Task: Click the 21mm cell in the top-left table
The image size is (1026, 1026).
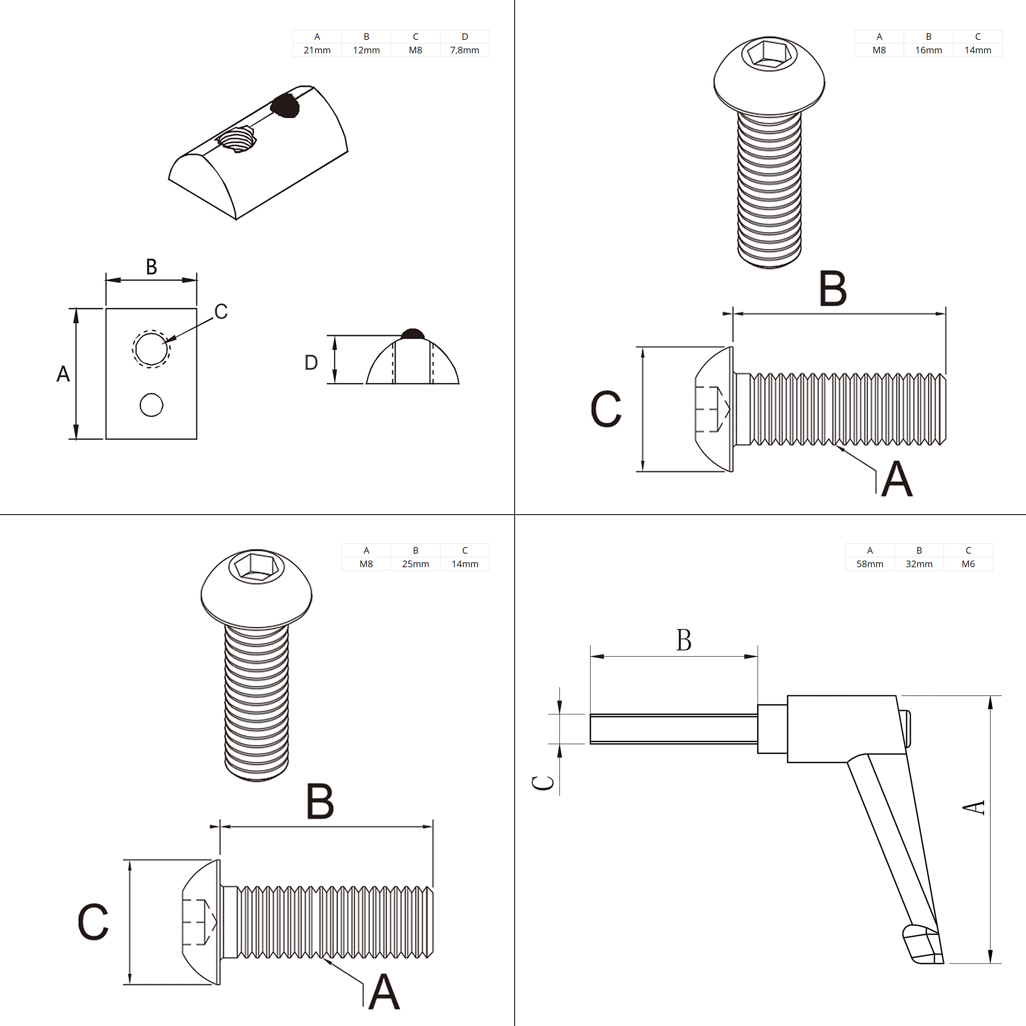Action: (x=317, y=50)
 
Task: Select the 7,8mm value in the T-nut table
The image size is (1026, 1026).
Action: (x=464, y=50)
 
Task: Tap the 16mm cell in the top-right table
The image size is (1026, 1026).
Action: (x=928, y=50)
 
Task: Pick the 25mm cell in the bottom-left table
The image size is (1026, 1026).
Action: (x=415, y=564)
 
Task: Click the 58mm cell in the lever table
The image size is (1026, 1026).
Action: (x=870, y=564)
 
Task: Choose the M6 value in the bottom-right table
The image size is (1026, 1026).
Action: (x=968, y=564)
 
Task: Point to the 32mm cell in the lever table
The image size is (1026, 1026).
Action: (x=919, y=564)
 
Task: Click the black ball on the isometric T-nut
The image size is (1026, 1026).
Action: (x=285, y=105)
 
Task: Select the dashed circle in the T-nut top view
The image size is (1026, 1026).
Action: (x=151, y=348)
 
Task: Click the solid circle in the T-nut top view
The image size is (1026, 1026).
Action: (x=151, y=405)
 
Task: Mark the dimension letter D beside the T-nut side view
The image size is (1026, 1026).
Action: (x=311, y=363)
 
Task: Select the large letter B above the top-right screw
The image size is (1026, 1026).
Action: (x=833, y=289)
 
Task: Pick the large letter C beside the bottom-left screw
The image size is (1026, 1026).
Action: (x=93, y=921)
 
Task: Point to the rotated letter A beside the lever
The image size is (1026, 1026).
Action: (x=973, y=808)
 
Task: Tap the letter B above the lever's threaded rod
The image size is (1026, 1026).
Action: (x=683, y=641)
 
